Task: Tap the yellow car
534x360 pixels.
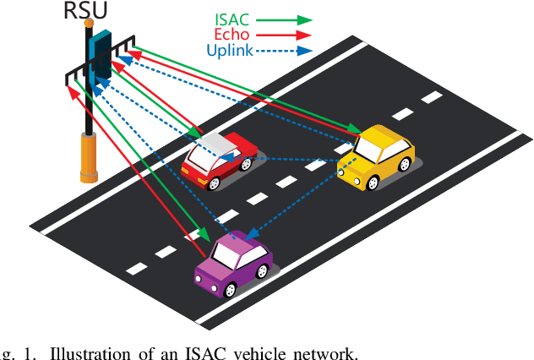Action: pyautogui.click(x=376, y=157)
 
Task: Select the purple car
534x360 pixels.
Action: pyautogui.click(x=233, y=262)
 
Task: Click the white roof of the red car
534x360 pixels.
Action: pyautogui.click(x=211, y=146)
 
